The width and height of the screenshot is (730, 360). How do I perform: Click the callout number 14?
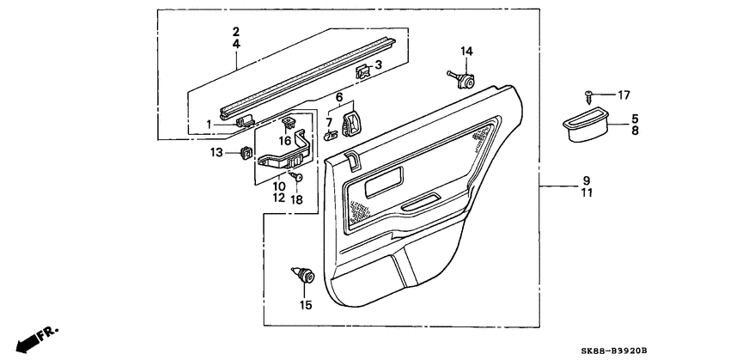click(465, 52)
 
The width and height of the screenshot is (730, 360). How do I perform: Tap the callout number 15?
click(306, 304)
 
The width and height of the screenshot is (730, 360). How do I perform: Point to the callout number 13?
click(217, 152)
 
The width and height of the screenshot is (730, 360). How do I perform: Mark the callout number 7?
click(328, 122)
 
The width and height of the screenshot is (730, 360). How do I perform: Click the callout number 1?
click(209, 125)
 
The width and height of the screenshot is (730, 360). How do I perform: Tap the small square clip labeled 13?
click(245, 154)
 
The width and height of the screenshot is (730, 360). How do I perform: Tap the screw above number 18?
click(296, 177)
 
